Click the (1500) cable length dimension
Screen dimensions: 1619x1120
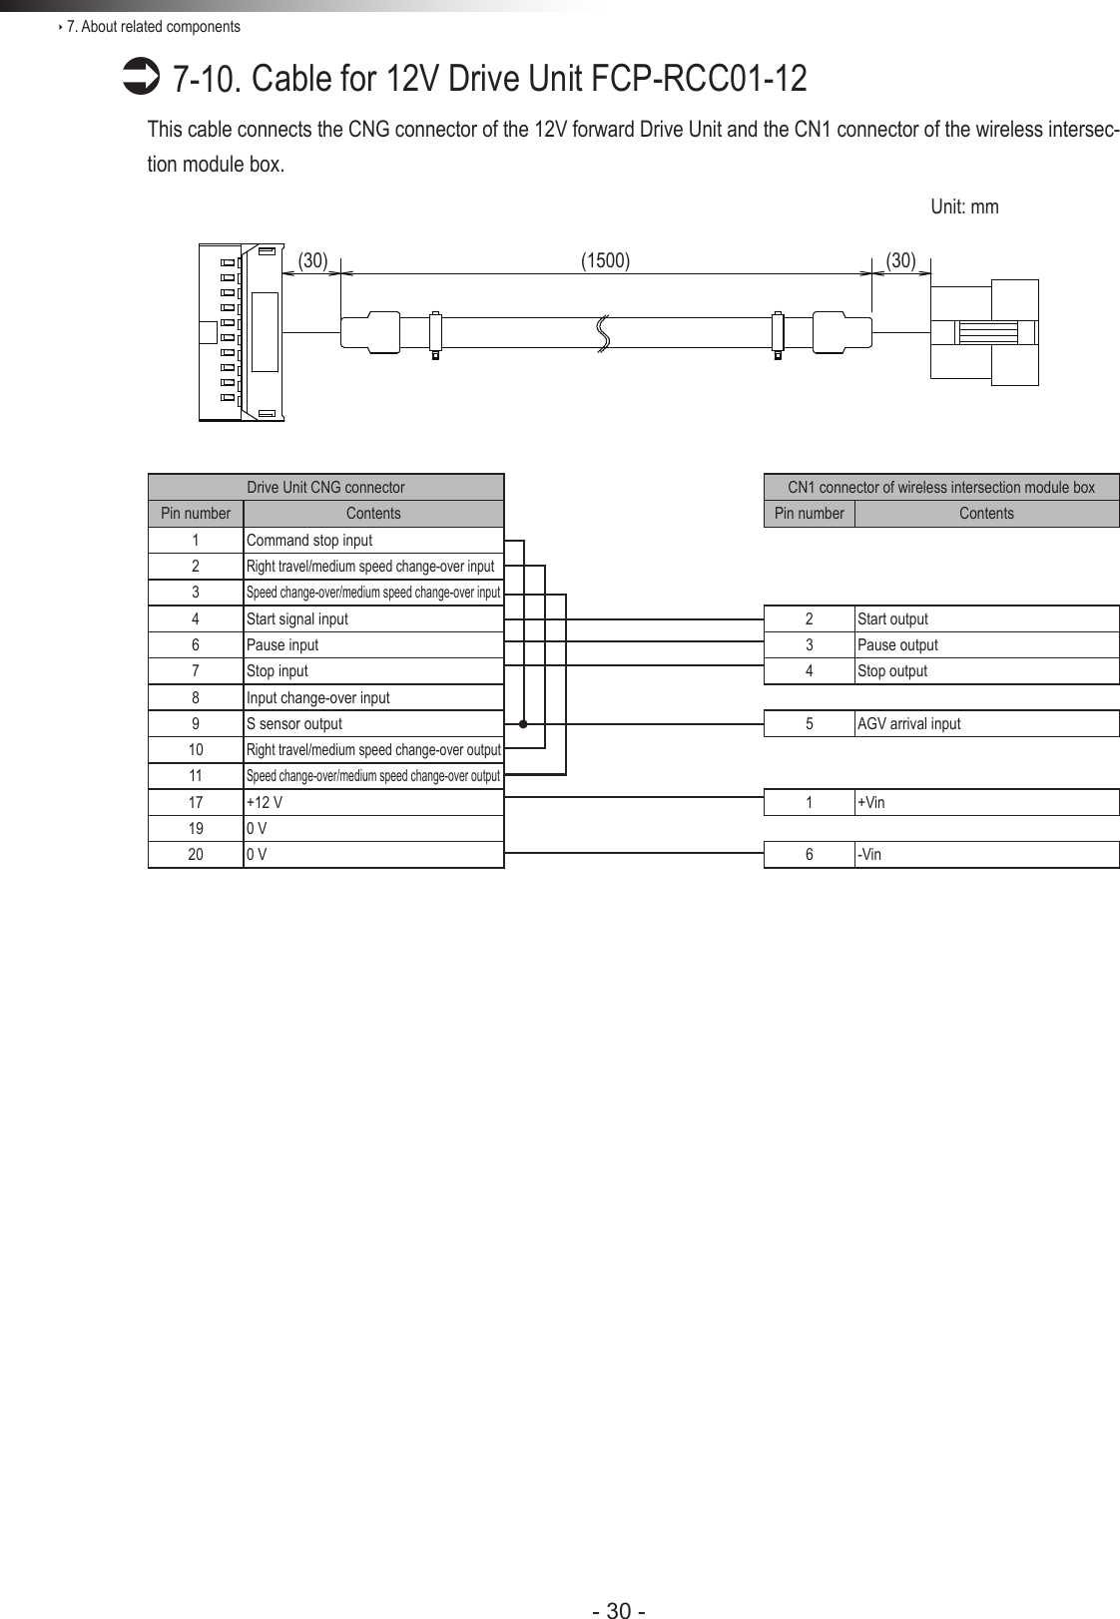(x=605, y=261)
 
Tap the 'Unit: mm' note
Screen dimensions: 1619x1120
(x=963, y=206)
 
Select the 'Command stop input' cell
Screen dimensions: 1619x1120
(x=309, y=541)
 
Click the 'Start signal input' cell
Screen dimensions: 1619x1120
(x=297, y=619)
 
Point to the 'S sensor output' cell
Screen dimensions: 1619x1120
(x=294, y=724)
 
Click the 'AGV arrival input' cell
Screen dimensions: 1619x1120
(x=908, y=724)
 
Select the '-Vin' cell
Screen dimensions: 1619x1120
(x=869, y=855)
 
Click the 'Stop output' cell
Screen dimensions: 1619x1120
(x=892, y=671)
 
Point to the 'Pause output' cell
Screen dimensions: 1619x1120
(x=897, y=645)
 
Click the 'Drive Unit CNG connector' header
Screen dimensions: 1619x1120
(x=325, y=488)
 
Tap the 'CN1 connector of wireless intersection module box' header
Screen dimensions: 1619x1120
(x=941, y=488)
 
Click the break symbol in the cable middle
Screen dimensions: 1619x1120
(x=603, y=332)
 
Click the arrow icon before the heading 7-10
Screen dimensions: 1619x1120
(x=134, y=77)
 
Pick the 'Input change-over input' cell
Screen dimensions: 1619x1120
(x=317, y=698)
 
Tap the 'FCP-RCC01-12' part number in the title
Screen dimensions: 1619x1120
(x=699, y=78)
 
